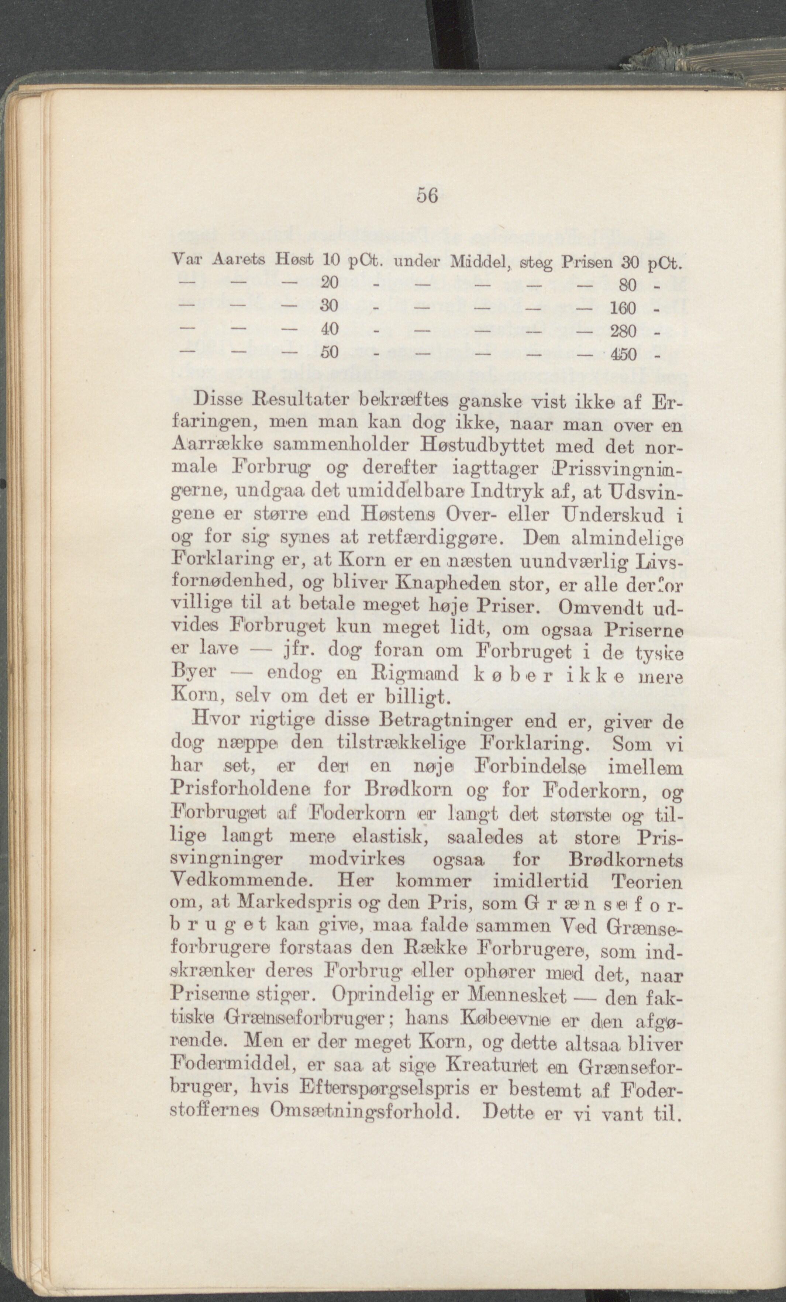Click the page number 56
pyautogui.click(x=427, y=196)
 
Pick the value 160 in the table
pyautogui.click(x=623, y=307)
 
